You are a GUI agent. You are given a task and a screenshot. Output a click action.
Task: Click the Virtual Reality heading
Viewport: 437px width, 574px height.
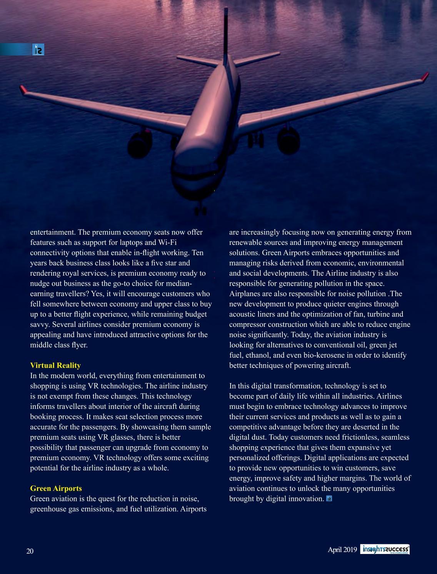click(55, 365)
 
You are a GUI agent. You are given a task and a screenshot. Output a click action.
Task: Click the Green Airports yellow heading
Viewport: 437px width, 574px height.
click(56, 489)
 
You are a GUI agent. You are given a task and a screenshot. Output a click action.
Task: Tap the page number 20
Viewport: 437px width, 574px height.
click(30, 551)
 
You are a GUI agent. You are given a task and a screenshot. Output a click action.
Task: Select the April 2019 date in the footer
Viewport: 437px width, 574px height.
click(342, 550)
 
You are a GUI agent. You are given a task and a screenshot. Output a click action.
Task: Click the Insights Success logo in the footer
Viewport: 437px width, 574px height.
click(385, 550)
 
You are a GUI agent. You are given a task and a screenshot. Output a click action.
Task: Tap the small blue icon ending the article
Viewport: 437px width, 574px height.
click(329, 499)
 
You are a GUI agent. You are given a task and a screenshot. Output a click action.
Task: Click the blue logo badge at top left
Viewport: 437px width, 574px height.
click(38, 50)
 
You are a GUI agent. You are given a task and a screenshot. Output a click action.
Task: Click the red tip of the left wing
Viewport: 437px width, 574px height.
click(24, 90)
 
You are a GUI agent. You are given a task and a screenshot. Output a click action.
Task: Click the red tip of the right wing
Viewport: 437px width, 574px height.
click(425, 77)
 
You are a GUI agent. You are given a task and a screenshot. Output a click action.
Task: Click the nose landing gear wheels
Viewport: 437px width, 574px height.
click(200, 210)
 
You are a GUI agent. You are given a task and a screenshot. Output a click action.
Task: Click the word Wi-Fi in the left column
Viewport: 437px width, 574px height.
click(167, 243)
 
